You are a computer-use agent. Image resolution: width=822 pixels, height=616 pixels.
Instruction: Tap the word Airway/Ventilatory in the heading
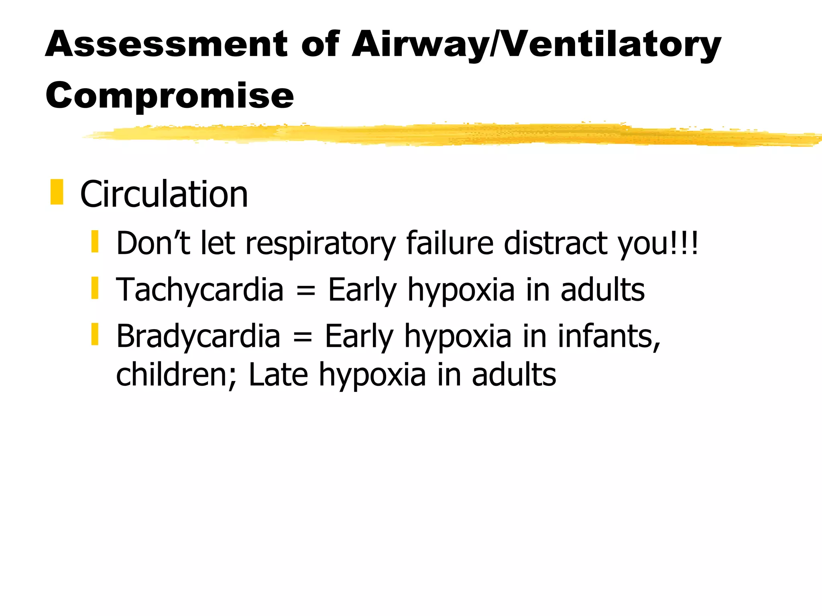(536, 45)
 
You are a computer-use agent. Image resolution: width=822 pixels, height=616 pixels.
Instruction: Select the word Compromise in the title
(169, 96)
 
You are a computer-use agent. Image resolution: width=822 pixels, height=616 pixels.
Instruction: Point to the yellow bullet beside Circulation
(57, 192)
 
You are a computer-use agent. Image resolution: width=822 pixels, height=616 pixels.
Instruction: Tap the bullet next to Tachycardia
(95, 288)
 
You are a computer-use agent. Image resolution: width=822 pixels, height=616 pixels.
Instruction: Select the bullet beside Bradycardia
(95, 334)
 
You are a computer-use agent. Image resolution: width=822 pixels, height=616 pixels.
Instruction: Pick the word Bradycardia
(198, 336)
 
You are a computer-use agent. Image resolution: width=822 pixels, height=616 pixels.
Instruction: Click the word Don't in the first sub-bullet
(153, 243)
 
